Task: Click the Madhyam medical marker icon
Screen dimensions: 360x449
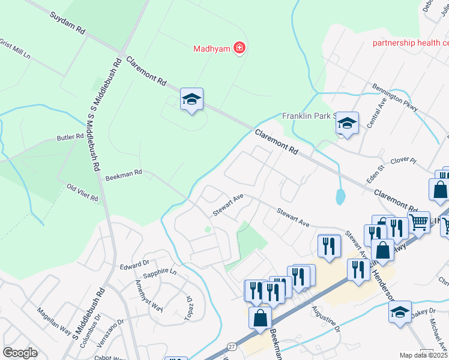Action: point(240,48)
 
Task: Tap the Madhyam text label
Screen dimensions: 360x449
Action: point(211,49)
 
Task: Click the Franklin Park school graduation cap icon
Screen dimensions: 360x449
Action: point(346,123)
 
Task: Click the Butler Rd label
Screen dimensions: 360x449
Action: point(70,137)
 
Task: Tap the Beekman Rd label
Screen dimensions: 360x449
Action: point(123,175)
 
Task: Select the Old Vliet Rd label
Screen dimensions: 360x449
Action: point(82,193)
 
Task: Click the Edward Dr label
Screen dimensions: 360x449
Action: point(133,266)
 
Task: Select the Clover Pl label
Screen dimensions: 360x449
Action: point(403,161)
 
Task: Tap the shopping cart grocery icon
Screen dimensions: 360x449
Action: point(418,221)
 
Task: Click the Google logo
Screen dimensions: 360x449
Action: point(20,353)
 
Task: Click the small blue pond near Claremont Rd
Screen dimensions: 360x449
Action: point(341,196)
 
